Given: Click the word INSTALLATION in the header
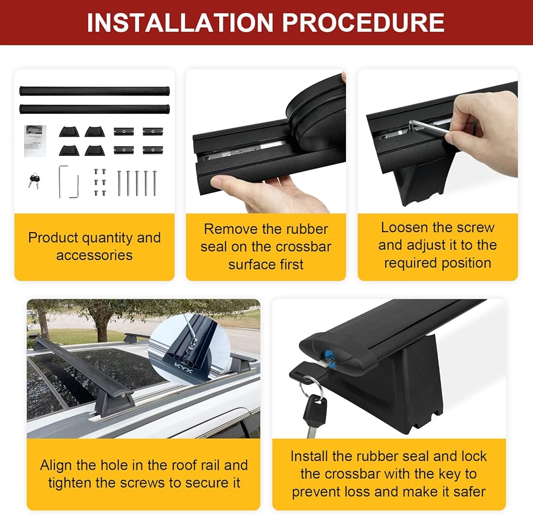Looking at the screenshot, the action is [180, 22].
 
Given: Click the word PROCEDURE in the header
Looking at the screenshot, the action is [364, 22].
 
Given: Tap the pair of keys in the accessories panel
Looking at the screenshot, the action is [34, 180].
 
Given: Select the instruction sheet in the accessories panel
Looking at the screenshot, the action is [35, 141].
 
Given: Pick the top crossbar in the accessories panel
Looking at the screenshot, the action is [94, 91].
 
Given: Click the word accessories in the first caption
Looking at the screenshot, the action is [94, 255].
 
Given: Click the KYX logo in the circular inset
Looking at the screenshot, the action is [183, 368].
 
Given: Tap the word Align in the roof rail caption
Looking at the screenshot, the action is [56, 465].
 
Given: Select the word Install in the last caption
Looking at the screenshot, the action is [309, 456].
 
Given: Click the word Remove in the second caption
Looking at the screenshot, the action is [226, 229].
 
